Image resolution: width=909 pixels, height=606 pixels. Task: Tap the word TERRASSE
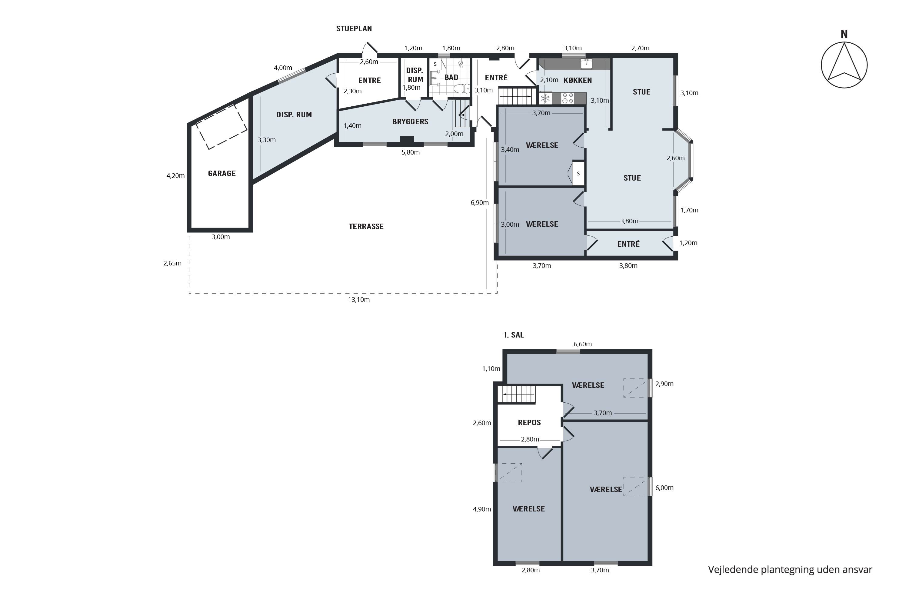[x=366, y=226]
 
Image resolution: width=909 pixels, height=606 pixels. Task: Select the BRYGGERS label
[x=410, y=122]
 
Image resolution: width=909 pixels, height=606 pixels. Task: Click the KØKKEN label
[x=578, y=80]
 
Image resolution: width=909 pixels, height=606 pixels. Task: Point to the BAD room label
[x=451, y=77]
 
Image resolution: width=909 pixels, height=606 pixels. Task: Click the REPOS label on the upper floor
[x=529, y=422]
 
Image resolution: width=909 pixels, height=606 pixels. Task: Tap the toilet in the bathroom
[x=461, y=88]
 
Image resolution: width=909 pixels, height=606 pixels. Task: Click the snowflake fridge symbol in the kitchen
[x=545, y=98]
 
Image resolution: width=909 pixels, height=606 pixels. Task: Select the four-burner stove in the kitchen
[x=568, y=98]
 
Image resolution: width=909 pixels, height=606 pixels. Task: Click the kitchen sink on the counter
[x=586, y=64]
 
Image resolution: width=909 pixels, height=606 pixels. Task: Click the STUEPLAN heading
[x=354, y=28]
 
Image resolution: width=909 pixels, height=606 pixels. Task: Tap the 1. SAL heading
[x=513, y=335]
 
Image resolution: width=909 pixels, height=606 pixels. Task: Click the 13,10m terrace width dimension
[x=359, y=300]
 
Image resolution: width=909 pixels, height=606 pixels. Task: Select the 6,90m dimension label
[x=479, y=202]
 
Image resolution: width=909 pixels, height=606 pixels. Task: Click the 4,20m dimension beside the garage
[x=175, y=176]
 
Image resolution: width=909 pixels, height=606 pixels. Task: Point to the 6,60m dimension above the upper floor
[x=582, y=344]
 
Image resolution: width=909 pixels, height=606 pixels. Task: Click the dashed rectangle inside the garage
[x=221, y=126]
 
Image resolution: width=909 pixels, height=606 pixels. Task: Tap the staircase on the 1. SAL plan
[x=516, y=395]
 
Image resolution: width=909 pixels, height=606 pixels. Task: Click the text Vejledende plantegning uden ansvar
[x=790, y=569]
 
